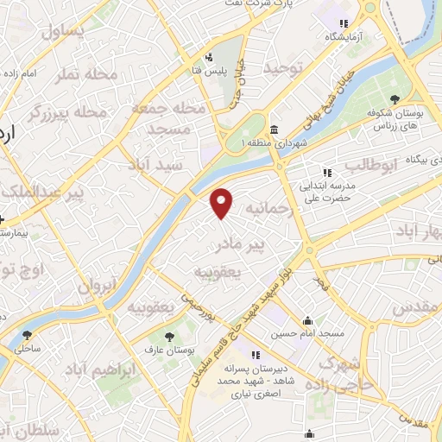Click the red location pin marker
pos(223,202)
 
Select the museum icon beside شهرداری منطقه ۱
pos(274,130)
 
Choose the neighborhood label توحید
pos(285,66)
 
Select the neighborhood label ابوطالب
pos(369,164)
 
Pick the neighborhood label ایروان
pos(96,286)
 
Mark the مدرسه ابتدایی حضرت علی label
pos(323,191)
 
